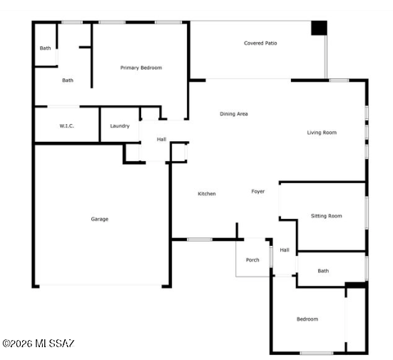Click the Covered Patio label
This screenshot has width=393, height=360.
(260, 43)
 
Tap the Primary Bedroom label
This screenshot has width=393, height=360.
(141, 68)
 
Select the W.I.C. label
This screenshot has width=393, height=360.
(66, 125)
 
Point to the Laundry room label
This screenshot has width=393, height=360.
(120, 125)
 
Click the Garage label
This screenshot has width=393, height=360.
(100, 219)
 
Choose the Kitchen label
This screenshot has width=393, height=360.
(207, 194)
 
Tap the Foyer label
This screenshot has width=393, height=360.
(258, 191)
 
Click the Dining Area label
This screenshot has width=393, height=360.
(234, 114)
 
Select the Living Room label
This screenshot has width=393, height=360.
(322, 133)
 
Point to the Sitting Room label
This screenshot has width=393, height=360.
(327, 216)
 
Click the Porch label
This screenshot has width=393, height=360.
(252, 260)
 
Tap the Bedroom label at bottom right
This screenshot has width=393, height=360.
(307, 319)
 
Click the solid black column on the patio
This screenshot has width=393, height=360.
(319, 28)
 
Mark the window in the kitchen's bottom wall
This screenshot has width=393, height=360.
(200, 240)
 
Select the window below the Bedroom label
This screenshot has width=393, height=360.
(317, 354)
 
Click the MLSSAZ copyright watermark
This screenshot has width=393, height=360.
(39, 344)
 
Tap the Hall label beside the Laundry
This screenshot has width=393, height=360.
(162, 139)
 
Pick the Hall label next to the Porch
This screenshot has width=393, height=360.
(285, 250)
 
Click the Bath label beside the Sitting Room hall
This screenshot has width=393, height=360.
(323, 271)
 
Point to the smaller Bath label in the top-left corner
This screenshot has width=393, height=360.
(45, 48)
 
